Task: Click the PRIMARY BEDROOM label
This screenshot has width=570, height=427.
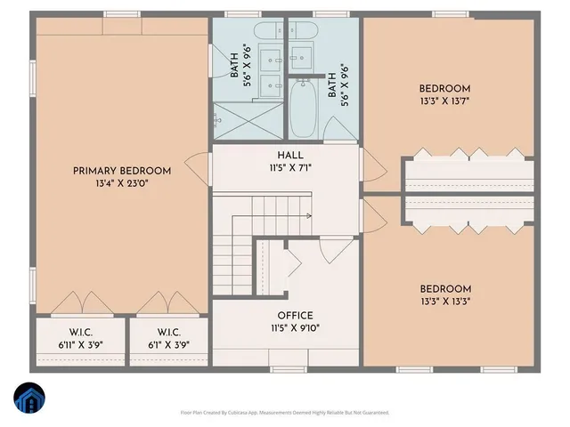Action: tap(121, 171)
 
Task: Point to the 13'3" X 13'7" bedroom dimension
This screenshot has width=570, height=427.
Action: tap(444, 101)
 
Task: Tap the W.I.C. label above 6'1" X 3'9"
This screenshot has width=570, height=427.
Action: tap(170, 333)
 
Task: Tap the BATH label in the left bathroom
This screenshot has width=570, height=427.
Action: tap(234, 64)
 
